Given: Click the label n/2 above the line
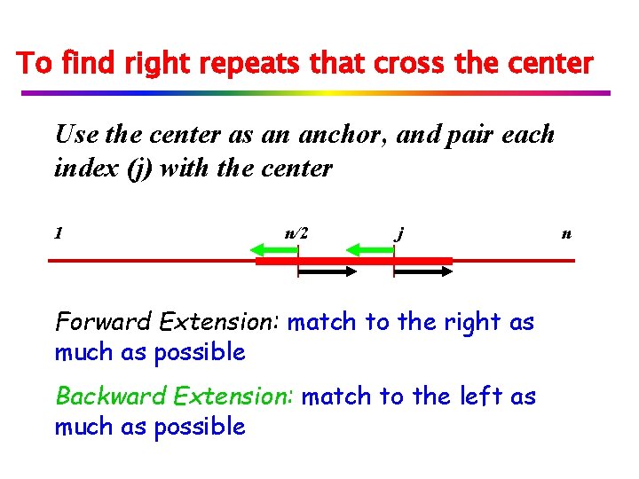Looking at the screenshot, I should (x=296, y=234).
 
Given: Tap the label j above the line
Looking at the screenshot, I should (x=401, y=233).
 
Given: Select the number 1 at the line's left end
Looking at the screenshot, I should (x=58, y=233).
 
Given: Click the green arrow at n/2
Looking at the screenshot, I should (x=276, y=251).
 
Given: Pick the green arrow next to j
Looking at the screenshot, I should (x=368, y=251).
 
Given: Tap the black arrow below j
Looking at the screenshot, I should (x=423, y=273).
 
